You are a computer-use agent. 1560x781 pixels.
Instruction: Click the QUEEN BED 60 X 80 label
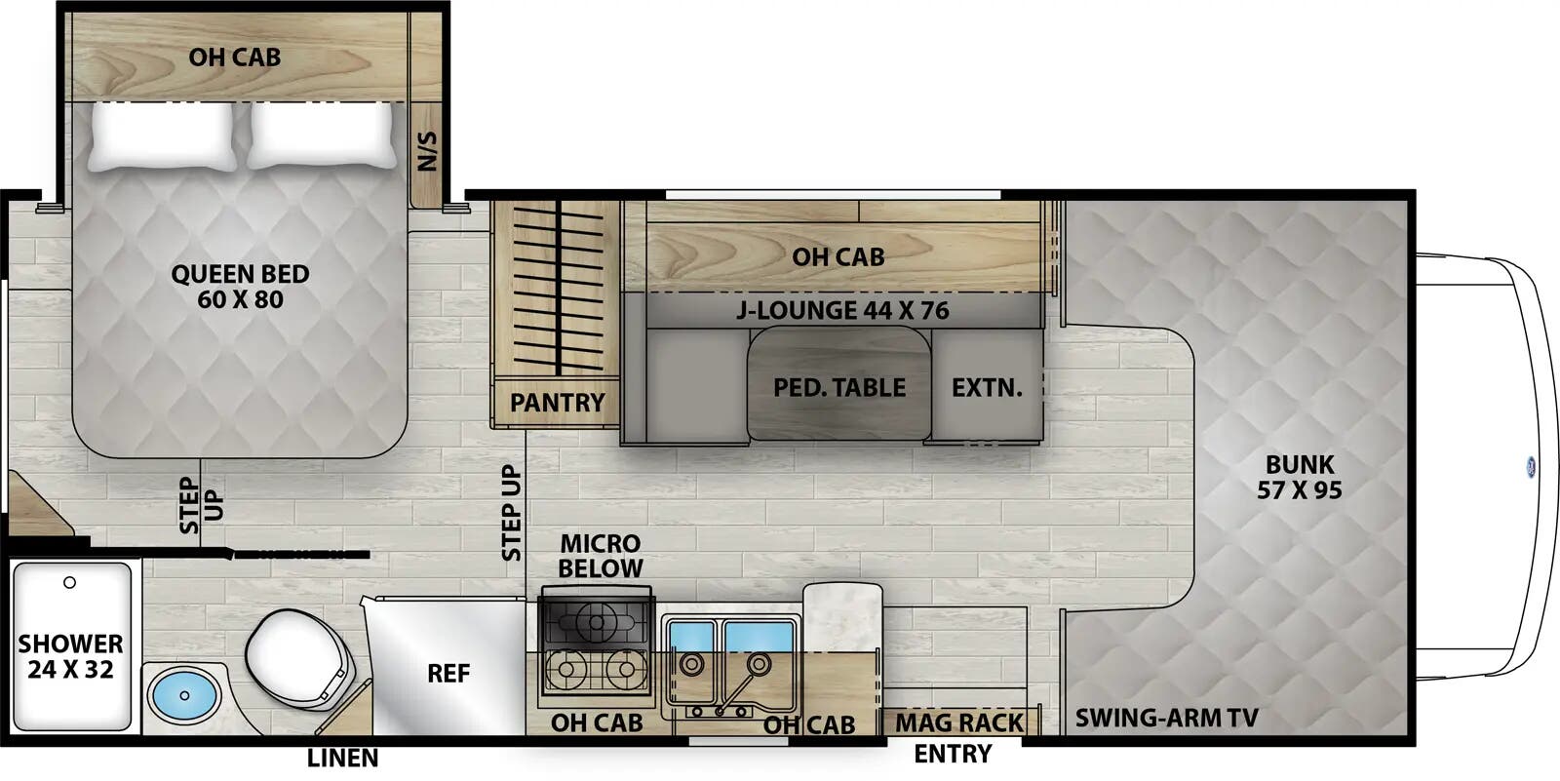240,287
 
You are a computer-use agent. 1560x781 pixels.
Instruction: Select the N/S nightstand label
427,151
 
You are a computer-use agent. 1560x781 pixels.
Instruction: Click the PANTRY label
557,402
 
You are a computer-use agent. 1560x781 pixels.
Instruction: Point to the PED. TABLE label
838,388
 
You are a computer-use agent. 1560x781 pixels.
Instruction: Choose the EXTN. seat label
987,388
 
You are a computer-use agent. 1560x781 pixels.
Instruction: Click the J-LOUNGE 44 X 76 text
842,311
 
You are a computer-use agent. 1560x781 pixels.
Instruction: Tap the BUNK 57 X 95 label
1299,477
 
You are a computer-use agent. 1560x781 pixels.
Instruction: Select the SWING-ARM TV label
1166,720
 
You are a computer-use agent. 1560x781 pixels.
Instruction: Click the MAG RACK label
959,722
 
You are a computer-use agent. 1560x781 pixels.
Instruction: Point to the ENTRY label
953,754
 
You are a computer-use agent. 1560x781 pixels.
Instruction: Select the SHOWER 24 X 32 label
70,656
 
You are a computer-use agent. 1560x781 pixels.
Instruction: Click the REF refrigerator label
448,674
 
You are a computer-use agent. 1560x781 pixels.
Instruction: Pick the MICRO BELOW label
600,556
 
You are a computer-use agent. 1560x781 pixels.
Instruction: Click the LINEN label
342,759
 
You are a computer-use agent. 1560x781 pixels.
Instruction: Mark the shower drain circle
69,583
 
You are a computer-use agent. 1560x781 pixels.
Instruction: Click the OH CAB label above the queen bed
234,58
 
